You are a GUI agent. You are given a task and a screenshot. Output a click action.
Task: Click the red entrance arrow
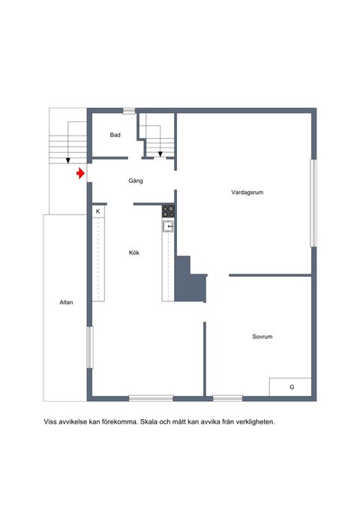coord(80,173)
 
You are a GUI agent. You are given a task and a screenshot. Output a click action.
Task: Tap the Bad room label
coord(115,135)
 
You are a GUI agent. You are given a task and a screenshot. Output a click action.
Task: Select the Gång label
coord(136,181)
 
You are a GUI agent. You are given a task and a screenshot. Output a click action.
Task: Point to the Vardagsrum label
coord(247,192)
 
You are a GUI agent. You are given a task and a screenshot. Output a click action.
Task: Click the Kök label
coord(133,252)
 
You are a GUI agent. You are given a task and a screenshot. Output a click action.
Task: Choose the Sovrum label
coord(262,337)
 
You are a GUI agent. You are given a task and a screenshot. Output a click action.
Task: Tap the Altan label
coord(66,302)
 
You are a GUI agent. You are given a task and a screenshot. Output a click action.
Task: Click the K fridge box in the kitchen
coord(98,211)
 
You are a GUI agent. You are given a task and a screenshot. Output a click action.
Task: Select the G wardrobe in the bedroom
coord(290,387)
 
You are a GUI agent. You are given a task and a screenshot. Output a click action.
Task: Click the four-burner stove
coord(168,211)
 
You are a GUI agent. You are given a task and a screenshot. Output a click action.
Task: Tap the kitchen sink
coord(168,226)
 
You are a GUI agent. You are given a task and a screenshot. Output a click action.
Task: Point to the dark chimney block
coord(190,279)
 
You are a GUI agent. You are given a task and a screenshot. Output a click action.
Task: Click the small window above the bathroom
coord(129,111)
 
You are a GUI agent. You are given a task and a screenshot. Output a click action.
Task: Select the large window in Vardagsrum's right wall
coord(313,203)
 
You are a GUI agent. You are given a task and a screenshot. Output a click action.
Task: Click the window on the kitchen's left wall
coord(90,347)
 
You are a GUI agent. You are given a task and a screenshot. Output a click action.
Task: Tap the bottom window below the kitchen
coord(151,398)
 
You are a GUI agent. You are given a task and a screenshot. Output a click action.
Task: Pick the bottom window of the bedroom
coord(227,398)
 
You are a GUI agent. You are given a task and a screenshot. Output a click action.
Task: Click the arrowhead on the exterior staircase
coord(68,160)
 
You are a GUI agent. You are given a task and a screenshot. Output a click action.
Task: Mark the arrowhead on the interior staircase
coord(160,154)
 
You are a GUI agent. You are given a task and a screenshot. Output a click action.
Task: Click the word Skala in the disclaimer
coord(149,422)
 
